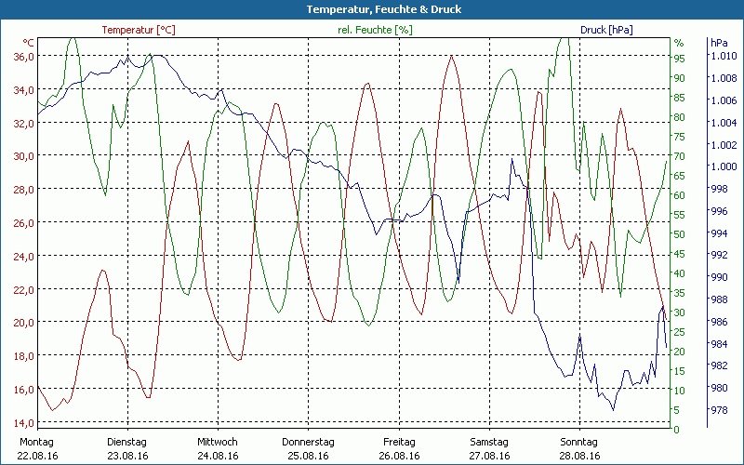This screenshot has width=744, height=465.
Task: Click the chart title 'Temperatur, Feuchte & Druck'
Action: (x=372, y=9)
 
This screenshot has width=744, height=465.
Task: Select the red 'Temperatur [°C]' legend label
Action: (x=139, y=30)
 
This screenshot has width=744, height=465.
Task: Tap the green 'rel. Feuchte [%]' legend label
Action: (x=375, y=30)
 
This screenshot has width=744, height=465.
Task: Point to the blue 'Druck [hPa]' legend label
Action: (x=606, y=30)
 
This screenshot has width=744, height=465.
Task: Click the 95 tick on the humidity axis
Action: (x=679, y=58)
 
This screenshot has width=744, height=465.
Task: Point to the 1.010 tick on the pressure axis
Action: (x=723, y=57)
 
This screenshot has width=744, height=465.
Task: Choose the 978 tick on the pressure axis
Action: (x=720, y=410)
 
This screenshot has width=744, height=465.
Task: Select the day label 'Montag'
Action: (x=37, y=442)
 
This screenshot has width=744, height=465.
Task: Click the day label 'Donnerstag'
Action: (x=309, y=442)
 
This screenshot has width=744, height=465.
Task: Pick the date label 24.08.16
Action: (x=218, y=456)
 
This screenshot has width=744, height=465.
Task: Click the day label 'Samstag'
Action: (x=489, y=442)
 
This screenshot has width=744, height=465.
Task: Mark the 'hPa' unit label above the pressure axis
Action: (x=719, y=43)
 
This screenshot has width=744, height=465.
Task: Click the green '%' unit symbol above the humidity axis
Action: (x=679, y=43)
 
